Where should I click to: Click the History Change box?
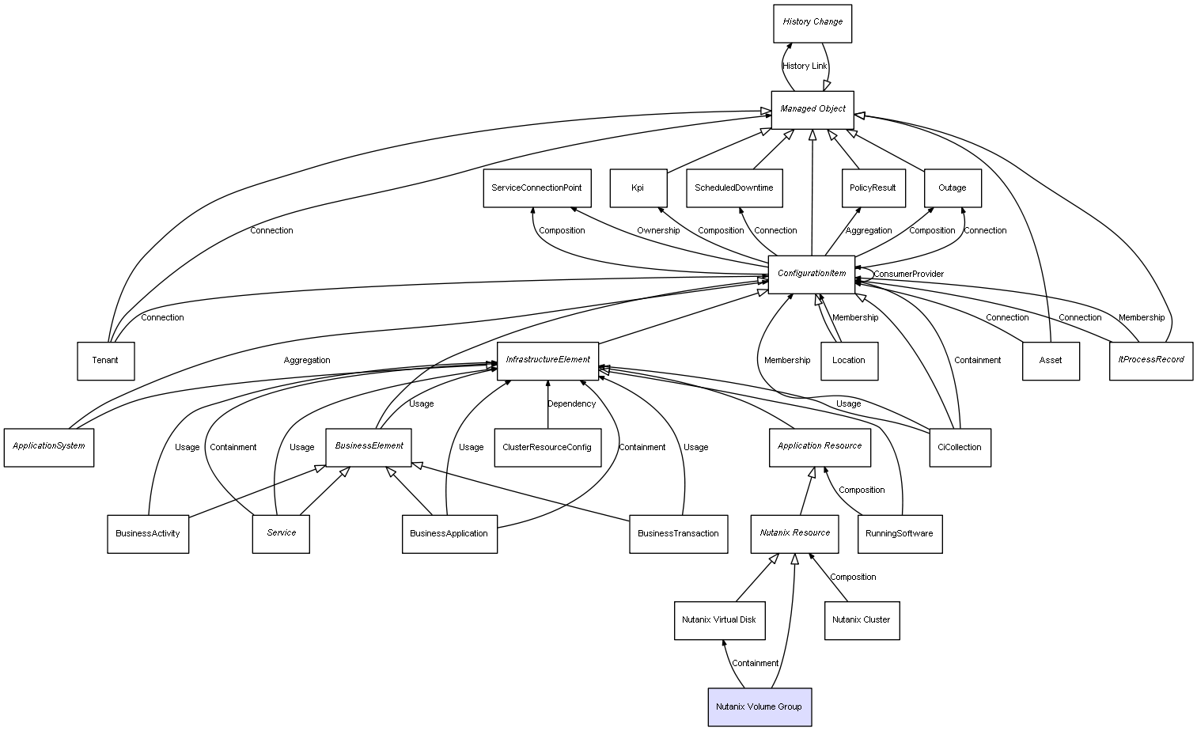pos(813,23)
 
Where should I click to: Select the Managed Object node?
pos(813,109)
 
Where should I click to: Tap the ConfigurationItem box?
pos(812,274)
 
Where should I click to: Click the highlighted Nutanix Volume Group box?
pos(759,707)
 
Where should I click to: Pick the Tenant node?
pos(105,361)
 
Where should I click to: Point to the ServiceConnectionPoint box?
pos(536,188)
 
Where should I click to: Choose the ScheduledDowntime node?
pos(734,188)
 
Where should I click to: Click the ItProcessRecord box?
pos(1150,361)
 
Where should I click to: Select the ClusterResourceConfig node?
pos(547,448)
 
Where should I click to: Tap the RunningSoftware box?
pos(899,534)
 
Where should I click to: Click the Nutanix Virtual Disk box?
pos(718,620)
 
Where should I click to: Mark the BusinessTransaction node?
pos(678,534)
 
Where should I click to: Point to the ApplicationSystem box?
pos(49,447)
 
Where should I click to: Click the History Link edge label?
pos(805,66)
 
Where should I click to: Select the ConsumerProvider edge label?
pos(908,275)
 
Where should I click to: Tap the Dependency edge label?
pos(571,404)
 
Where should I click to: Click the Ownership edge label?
pos(658,231)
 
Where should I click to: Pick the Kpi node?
pos(638,188)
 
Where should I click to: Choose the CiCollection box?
pos(959,448)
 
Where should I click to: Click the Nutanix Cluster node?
pos(861,620)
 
